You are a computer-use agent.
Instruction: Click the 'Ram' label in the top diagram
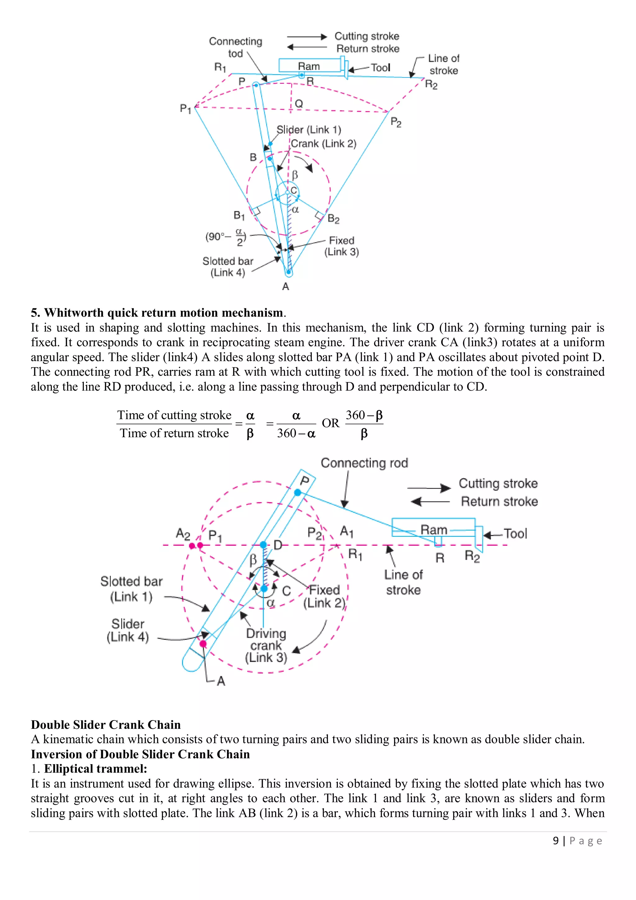[309, 66]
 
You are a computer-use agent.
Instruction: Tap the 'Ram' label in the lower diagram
[434, 530]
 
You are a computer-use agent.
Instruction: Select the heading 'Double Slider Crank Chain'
[106, 724]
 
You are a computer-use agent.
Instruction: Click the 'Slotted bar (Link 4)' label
[228, 267]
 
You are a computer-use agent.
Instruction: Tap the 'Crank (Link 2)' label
[324, 144]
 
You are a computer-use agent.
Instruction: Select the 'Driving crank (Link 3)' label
[266, 645]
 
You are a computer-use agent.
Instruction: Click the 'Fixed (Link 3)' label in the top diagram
[342, 246]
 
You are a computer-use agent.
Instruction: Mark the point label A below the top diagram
[285, 287]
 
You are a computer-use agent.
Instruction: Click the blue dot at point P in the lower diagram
[298, 492]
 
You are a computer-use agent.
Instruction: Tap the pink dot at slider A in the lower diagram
[203, 644]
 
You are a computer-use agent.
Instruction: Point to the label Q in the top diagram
[299, 103]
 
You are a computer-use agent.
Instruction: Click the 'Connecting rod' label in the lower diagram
[364, 463]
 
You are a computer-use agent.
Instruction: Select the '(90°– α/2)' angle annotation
[225, 237]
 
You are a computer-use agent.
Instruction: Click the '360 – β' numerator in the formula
[364, 415]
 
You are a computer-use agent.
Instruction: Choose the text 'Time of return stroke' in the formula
[174, 433]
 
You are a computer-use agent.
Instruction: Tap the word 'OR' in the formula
[330, 423]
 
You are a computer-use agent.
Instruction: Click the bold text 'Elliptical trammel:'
[96, 769]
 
